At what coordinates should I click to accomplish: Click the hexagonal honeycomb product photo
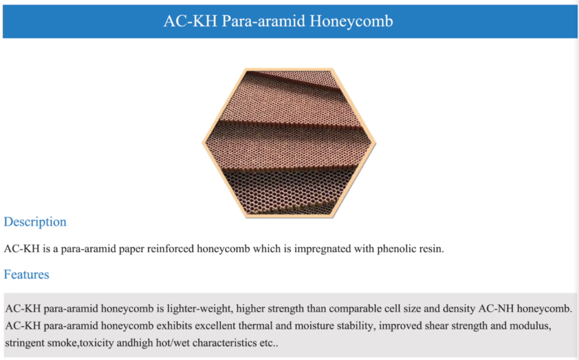(289, 143)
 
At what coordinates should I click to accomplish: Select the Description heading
(35, 222)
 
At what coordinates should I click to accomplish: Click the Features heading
(27, 275)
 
